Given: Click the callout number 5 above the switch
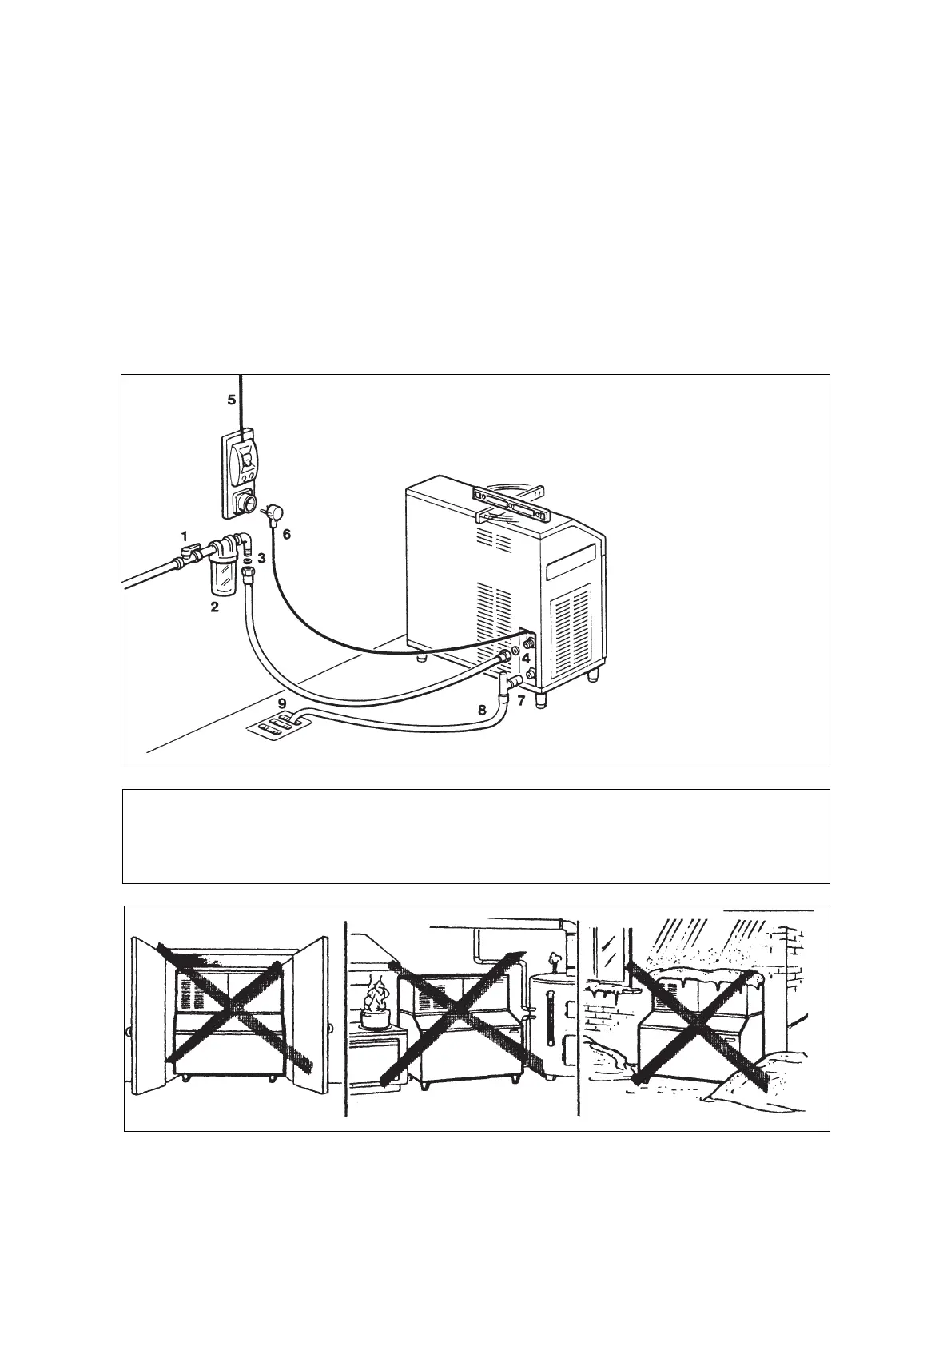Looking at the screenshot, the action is point(232,400).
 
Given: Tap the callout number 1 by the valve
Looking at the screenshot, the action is point(184,535).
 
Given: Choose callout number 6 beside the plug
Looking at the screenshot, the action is point(287,536).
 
